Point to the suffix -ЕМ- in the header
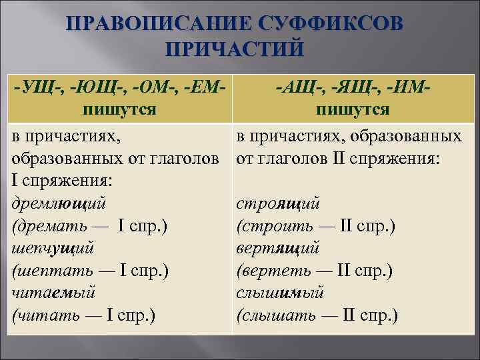click(204, 86)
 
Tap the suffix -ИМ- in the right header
click(404, 86)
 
